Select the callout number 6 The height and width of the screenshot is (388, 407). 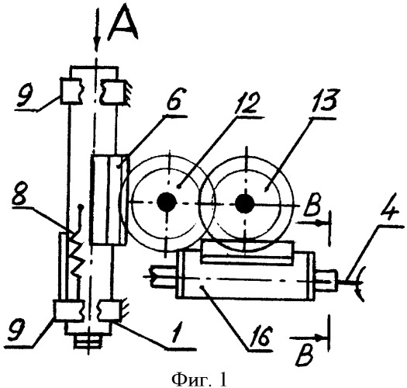[x=174, y=100]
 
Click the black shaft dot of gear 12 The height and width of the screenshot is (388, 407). [x=167, y=202]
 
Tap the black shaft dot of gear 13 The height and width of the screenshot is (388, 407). [x=244, y=203]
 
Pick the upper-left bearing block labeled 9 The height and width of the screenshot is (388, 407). [x=71, y=91]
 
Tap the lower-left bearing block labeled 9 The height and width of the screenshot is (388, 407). [x=69, y=310]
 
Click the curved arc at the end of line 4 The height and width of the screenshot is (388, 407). [x=360, y=284]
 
